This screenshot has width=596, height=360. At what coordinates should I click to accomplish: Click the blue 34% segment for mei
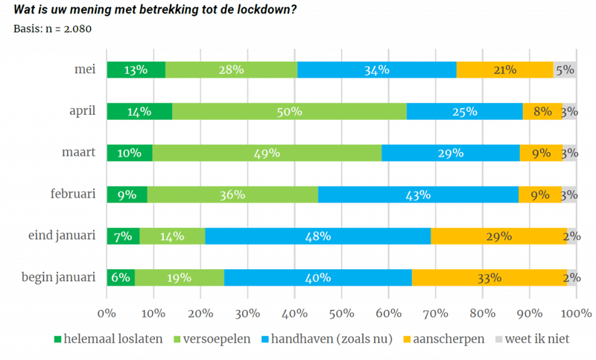click(x=377, y=70)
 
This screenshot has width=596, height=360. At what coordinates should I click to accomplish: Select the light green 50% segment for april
click(x=289, y=112)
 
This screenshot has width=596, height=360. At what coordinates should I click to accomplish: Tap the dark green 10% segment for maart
click(x=130, y=153)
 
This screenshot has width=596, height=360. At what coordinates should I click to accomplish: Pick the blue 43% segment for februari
click(x=418, y=195)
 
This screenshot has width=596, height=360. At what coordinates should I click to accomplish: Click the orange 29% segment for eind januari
click(x=498, y=236)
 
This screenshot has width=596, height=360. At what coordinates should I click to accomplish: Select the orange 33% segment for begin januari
click(x=489, y=277)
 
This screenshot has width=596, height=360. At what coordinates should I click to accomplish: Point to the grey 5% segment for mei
click(x=565, y=70)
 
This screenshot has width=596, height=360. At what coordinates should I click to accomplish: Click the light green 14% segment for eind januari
click(x=172, y=236)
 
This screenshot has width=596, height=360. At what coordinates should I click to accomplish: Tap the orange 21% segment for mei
click(x=505, y=70)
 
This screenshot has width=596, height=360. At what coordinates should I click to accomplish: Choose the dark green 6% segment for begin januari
click(x=121, y=277)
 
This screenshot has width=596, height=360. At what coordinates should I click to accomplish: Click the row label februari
click(x=73, y=194)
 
